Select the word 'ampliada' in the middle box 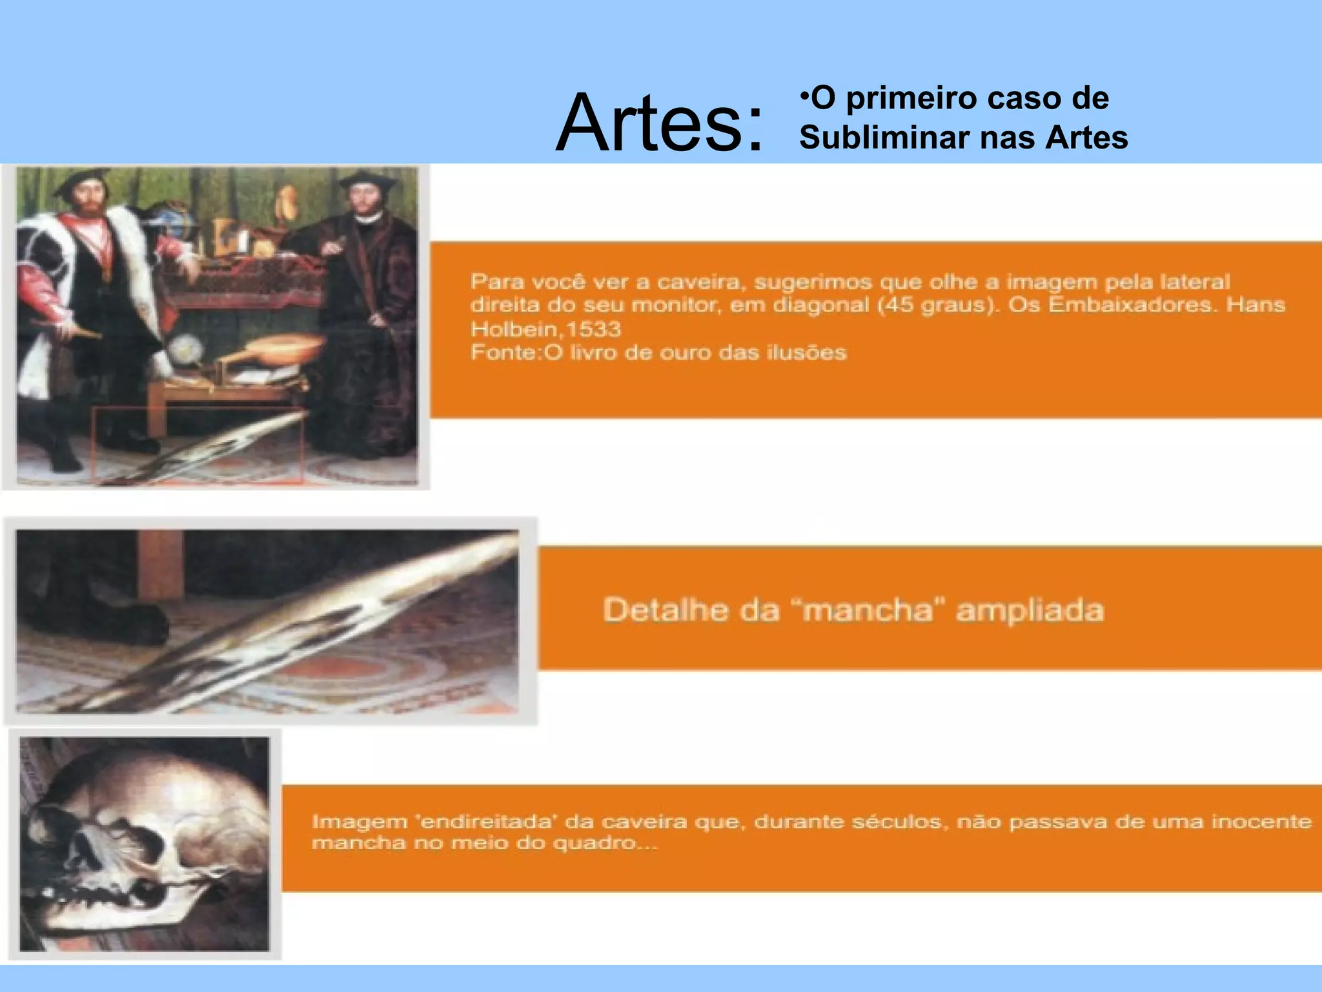pos(1030,610)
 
